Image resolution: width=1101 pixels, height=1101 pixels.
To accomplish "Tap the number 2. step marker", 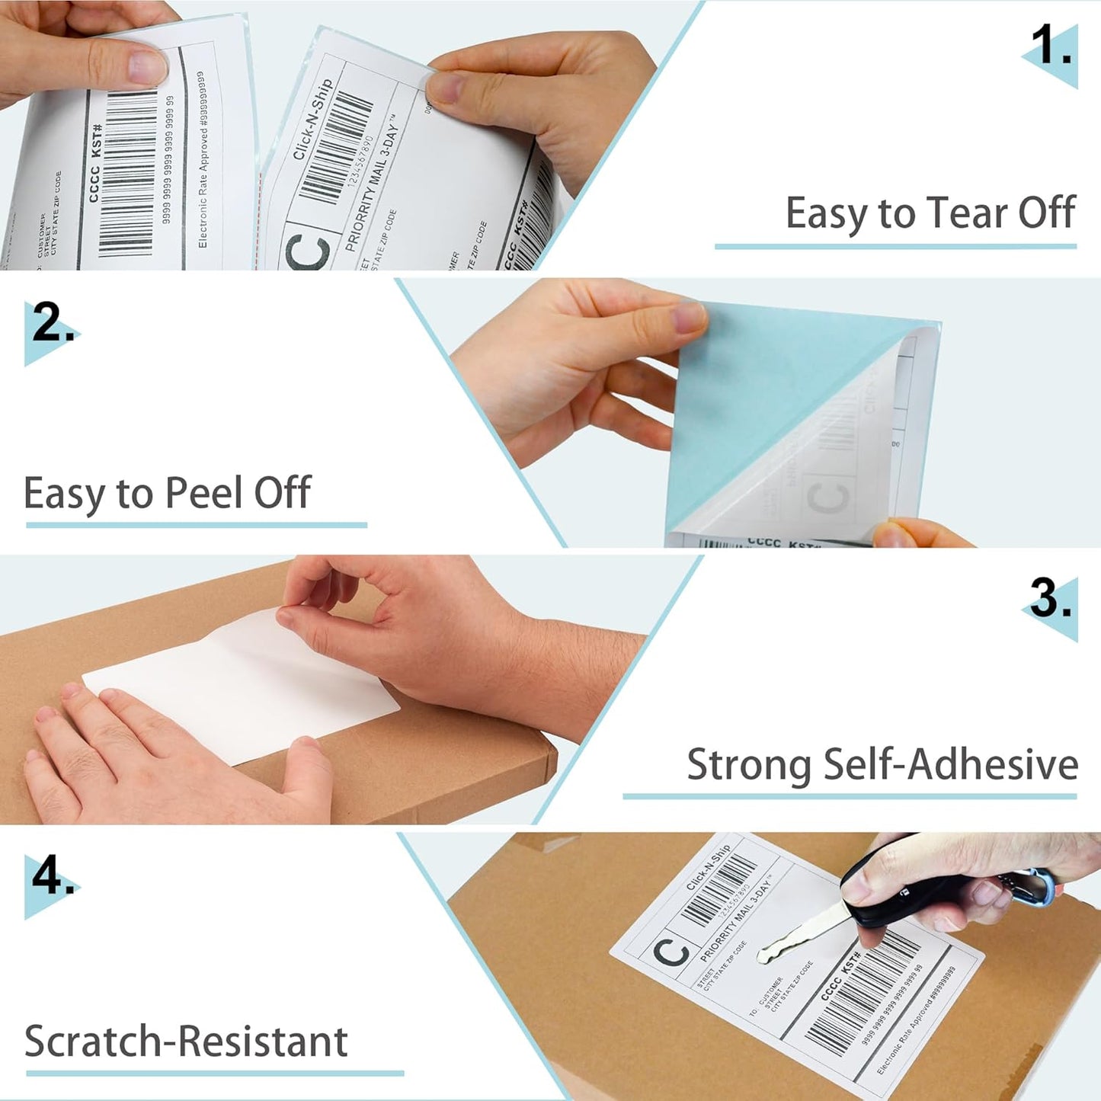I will click(52, 324).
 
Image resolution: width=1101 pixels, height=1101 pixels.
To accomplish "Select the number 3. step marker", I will click(1050, 599).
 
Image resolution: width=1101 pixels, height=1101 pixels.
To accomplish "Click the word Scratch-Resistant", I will click(186, 1042).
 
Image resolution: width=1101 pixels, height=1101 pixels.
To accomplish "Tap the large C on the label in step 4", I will click(671, 952).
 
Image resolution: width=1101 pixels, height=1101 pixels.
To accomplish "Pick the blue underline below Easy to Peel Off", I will click(196, 525).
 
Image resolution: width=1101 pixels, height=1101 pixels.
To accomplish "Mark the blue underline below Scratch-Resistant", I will click(214, 1074).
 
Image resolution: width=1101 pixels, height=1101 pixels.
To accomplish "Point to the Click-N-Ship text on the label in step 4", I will click(708, 867).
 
